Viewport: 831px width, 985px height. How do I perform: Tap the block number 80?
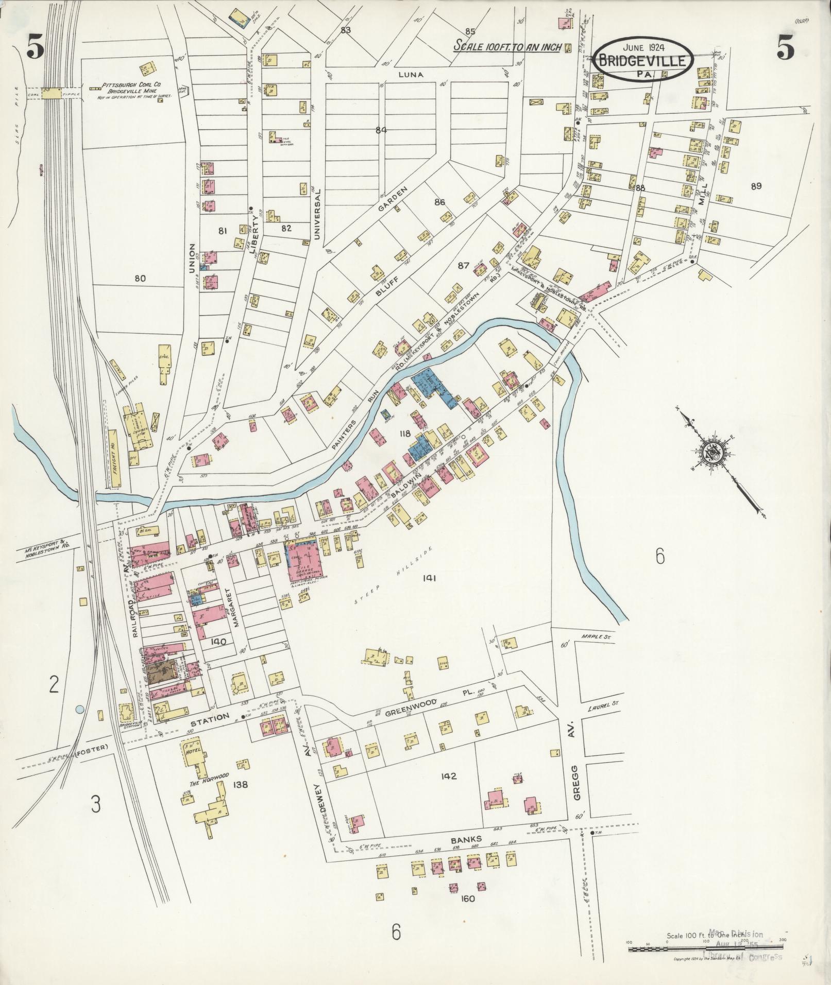point(140,279)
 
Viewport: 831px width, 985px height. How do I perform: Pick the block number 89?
point(756,186)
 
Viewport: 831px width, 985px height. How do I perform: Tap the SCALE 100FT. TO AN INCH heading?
point(507,46)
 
